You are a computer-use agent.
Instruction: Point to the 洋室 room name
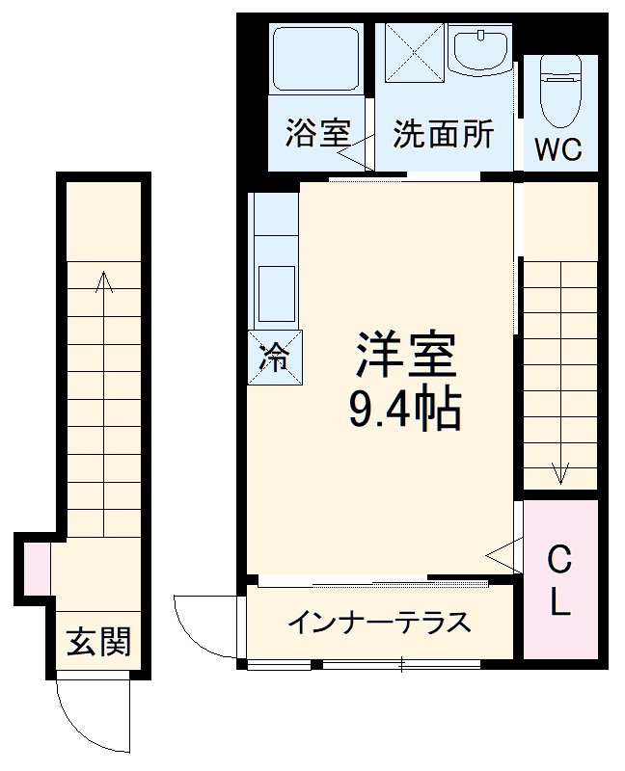404,356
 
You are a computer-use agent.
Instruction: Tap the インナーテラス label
379,622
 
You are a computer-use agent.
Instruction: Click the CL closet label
560,581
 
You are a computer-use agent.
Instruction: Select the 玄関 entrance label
98,641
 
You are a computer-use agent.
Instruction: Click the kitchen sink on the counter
278,291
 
